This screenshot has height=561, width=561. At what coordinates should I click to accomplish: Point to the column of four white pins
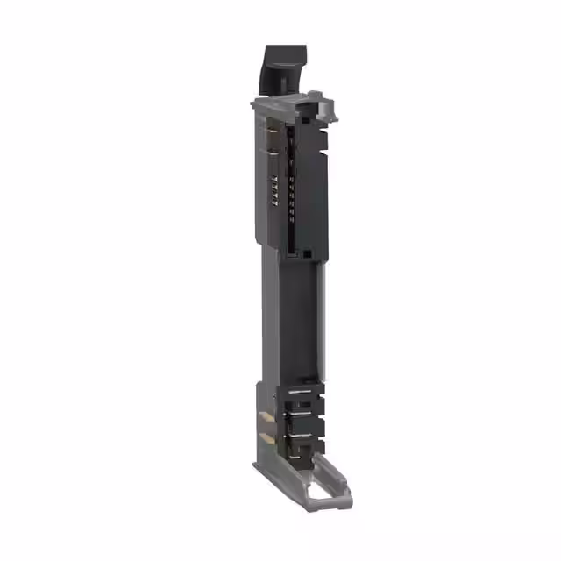[x=273, y=190]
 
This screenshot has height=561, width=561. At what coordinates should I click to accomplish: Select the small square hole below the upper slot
[x=308, y=253]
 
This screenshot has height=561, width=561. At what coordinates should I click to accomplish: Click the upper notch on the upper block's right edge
[x=323, y=141]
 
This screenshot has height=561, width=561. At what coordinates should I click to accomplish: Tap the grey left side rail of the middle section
[x=264, y=324]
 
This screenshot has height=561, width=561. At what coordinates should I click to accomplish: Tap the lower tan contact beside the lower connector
[x=262, y=436]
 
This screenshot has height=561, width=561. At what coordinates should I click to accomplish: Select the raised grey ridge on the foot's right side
[x=337, y=478]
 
